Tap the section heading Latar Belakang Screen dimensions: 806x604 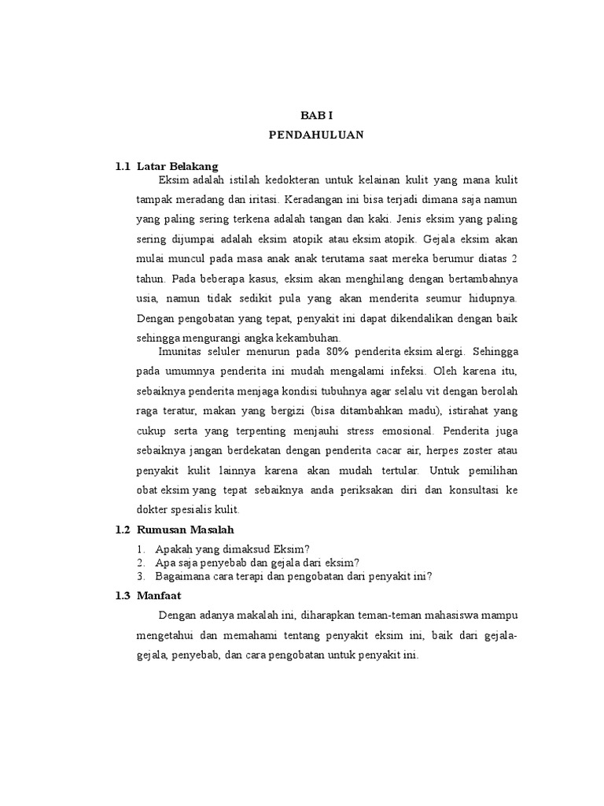point(177,166)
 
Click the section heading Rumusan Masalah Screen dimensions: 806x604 point(186,530)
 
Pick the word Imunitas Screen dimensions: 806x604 point(179,351)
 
